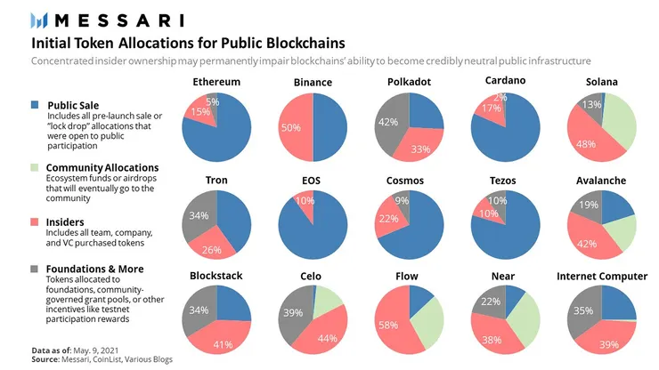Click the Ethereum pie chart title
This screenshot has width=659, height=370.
click(x=216, y=83)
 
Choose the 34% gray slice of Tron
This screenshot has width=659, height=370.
click(x=200, y=213)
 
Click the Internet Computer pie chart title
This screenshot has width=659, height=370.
click(x=602, y=277)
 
